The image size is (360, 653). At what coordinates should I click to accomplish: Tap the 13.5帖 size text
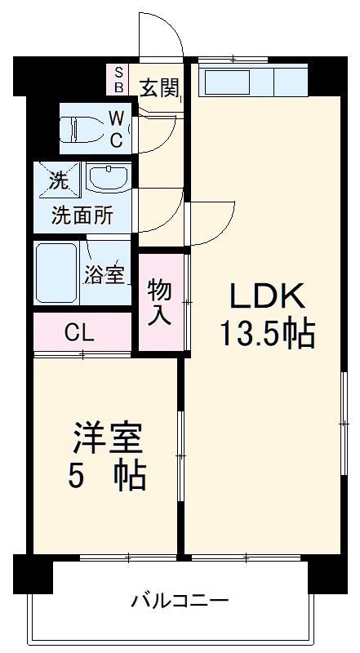(x=265, y=333)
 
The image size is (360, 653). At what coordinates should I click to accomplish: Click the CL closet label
(x=80, y=332)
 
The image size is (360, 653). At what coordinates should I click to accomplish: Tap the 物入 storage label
(x=160, y=301)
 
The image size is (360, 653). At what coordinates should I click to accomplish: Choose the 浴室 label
(x=104, y=275)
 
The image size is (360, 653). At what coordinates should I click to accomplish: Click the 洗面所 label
(x=82, y=217)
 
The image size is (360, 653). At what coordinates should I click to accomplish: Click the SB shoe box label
(x=118, y=79)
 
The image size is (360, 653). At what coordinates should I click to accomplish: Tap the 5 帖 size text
(x=106, y=477)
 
